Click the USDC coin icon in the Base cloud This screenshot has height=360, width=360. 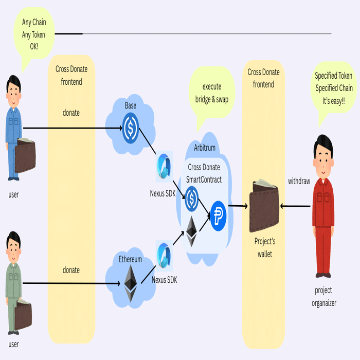pos(131,124)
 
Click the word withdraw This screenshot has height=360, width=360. pos(299,181)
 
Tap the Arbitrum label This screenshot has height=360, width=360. pos(205,148)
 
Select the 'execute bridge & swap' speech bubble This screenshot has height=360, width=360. pos(212,93)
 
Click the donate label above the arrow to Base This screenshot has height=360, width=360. pos(71,112)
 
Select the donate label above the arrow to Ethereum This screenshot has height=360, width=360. pos(71,270)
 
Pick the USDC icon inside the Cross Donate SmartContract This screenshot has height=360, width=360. pos(192,197)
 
